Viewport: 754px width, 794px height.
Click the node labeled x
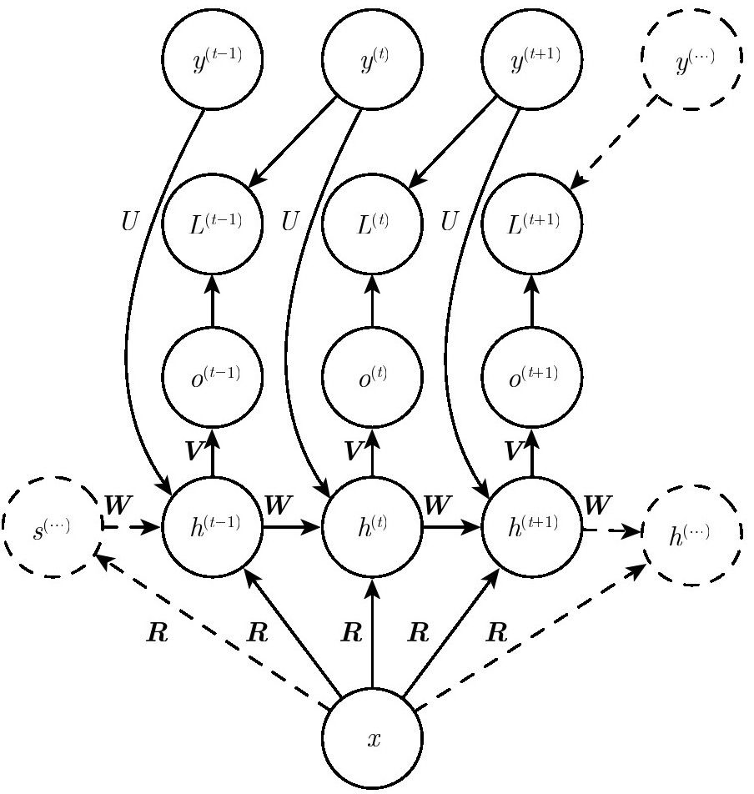tap(372, 738)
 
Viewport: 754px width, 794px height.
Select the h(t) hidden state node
tap(372, 526)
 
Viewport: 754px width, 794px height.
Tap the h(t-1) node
tap(212, 526)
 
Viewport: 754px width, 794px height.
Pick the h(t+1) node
tap(531, 526)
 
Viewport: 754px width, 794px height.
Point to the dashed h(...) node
tap(691, 535)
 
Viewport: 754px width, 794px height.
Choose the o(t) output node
tap(372, 377)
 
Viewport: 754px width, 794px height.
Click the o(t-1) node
tap(212, 377)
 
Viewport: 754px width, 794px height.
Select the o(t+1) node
tap(531, 377)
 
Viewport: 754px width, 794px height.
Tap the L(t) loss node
tap(372, 224)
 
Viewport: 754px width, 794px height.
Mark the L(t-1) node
tap(212, 224)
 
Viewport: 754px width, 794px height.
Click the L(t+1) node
tap(531, 224)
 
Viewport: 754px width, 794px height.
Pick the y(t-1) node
tap(212, 58)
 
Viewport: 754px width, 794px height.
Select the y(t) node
tap(372, 58)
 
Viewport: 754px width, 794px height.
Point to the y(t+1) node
tap(531, 58)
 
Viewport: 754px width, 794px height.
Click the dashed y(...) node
tap(691, 58)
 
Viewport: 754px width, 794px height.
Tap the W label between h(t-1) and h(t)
tap(278, 505)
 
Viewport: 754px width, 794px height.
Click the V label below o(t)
tap(354, 450)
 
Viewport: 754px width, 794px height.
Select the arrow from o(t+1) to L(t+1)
tap(531, 301)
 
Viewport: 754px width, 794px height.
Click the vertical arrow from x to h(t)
tap(372, 632)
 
